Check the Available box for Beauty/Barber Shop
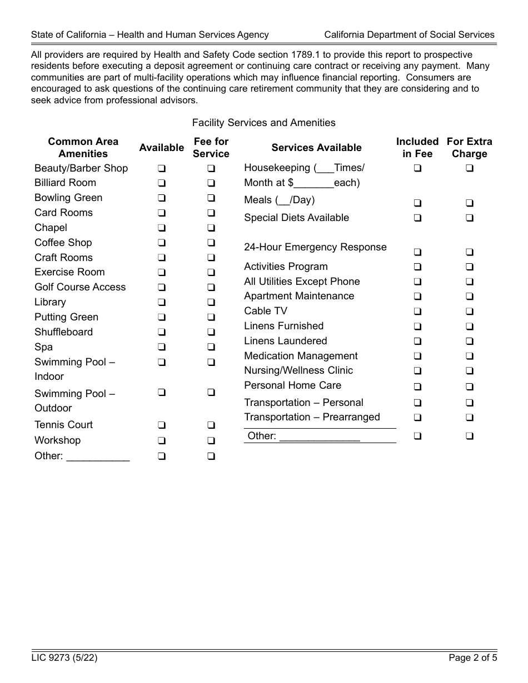click(161, 168)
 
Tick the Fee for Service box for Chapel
click(211, 228)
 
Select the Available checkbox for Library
click(161, 302)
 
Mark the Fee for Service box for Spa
click(211, 347)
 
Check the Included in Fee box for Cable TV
click(417, 312)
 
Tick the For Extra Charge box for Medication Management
click(470, 356)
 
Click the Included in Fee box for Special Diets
click(417, 218)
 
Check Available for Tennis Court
click(161, 425)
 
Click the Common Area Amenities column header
click(83, 148)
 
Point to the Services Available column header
click(316, 148)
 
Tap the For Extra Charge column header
click(470, 148)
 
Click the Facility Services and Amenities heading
click(263, 123)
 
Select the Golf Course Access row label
click(80, 287)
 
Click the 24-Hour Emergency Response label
click(315, 247)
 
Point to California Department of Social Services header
click(409, 34)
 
